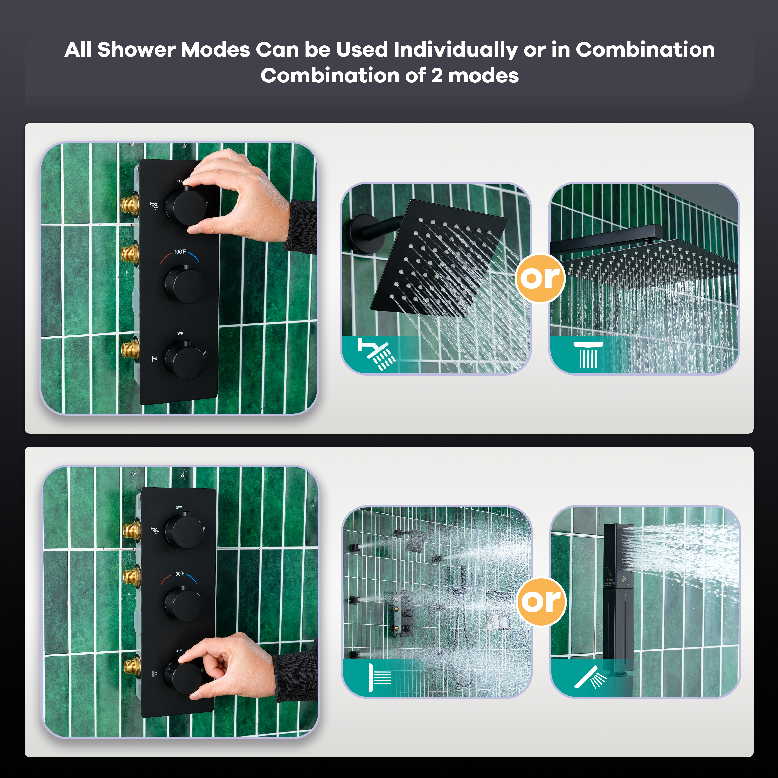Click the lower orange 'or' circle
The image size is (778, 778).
[541, 602]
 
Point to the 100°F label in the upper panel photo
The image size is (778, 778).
[180, 252]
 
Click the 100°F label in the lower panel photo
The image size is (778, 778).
[179, 574]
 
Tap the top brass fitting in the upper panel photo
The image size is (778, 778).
[130, 204]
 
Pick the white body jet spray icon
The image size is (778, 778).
[380, 678]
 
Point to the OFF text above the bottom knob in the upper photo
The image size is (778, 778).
[180, 334]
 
